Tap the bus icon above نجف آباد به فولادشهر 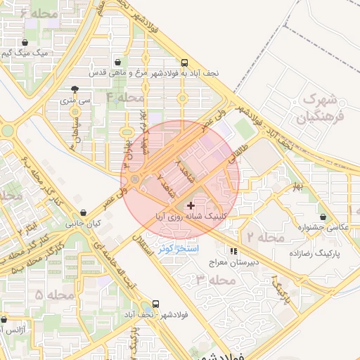184,61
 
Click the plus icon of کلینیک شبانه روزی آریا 191,205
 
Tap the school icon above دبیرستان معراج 233,250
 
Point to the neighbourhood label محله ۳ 214,280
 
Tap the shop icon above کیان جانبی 84,212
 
